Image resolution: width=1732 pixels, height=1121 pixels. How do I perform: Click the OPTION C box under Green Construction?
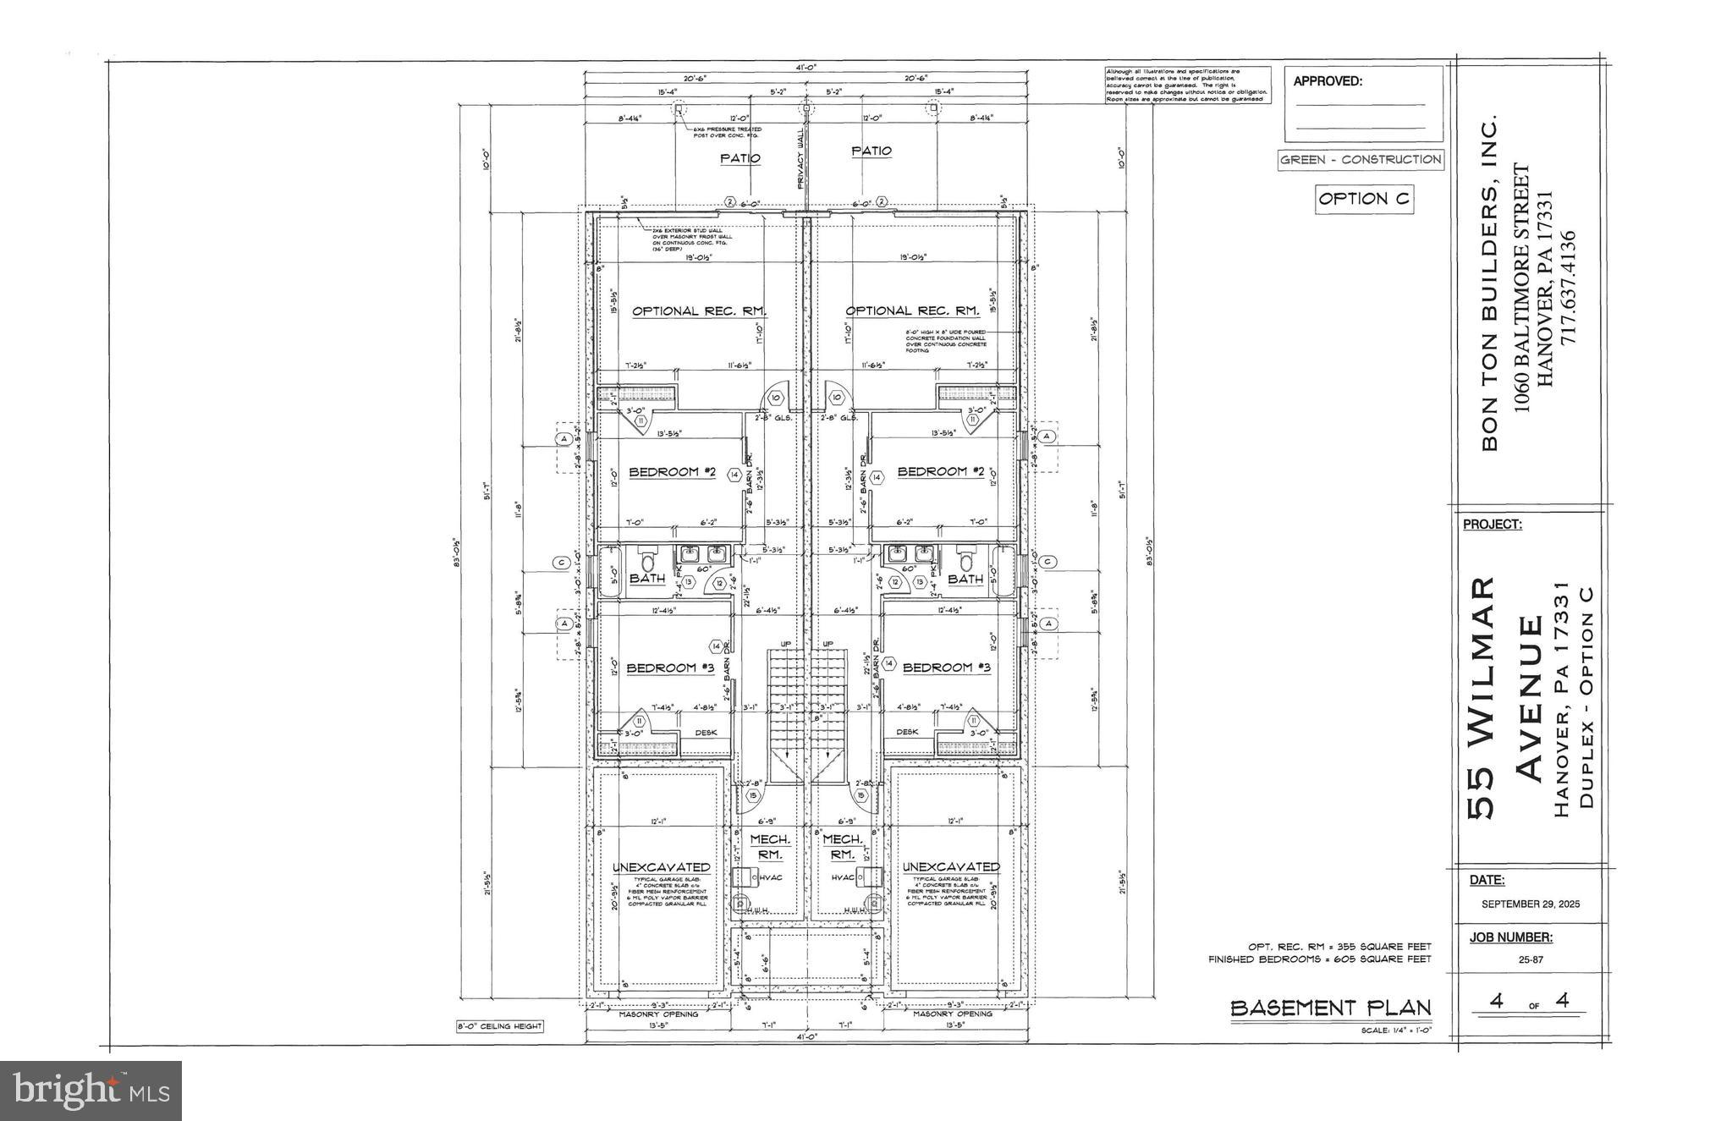(1363, 199)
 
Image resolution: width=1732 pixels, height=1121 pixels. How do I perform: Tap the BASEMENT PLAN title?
(1330, 1008)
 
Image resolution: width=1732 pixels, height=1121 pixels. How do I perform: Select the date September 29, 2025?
(1530, 904)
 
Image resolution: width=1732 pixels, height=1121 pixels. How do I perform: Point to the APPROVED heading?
(1328, 82)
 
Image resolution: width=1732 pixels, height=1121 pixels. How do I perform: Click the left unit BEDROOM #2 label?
(672, 471)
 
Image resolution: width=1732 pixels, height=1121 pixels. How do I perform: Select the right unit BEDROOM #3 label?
(947, 668)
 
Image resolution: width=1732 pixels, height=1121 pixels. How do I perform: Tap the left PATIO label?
(740, 158)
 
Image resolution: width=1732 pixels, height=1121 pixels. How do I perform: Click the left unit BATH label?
(647, 579)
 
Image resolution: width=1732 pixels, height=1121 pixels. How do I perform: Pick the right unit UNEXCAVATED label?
(951, 866)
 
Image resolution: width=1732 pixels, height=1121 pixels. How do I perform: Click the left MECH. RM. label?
(770, 847)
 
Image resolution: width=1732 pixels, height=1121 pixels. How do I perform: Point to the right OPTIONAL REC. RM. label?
(912, 310)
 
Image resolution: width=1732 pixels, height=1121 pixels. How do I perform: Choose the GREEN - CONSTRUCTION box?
(1360, 159)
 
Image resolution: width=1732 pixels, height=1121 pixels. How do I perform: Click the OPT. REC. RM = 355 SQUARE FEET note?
(1339, 946)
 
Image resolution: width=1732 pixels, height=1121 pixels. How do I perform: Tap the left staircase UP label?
(785, 645)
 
